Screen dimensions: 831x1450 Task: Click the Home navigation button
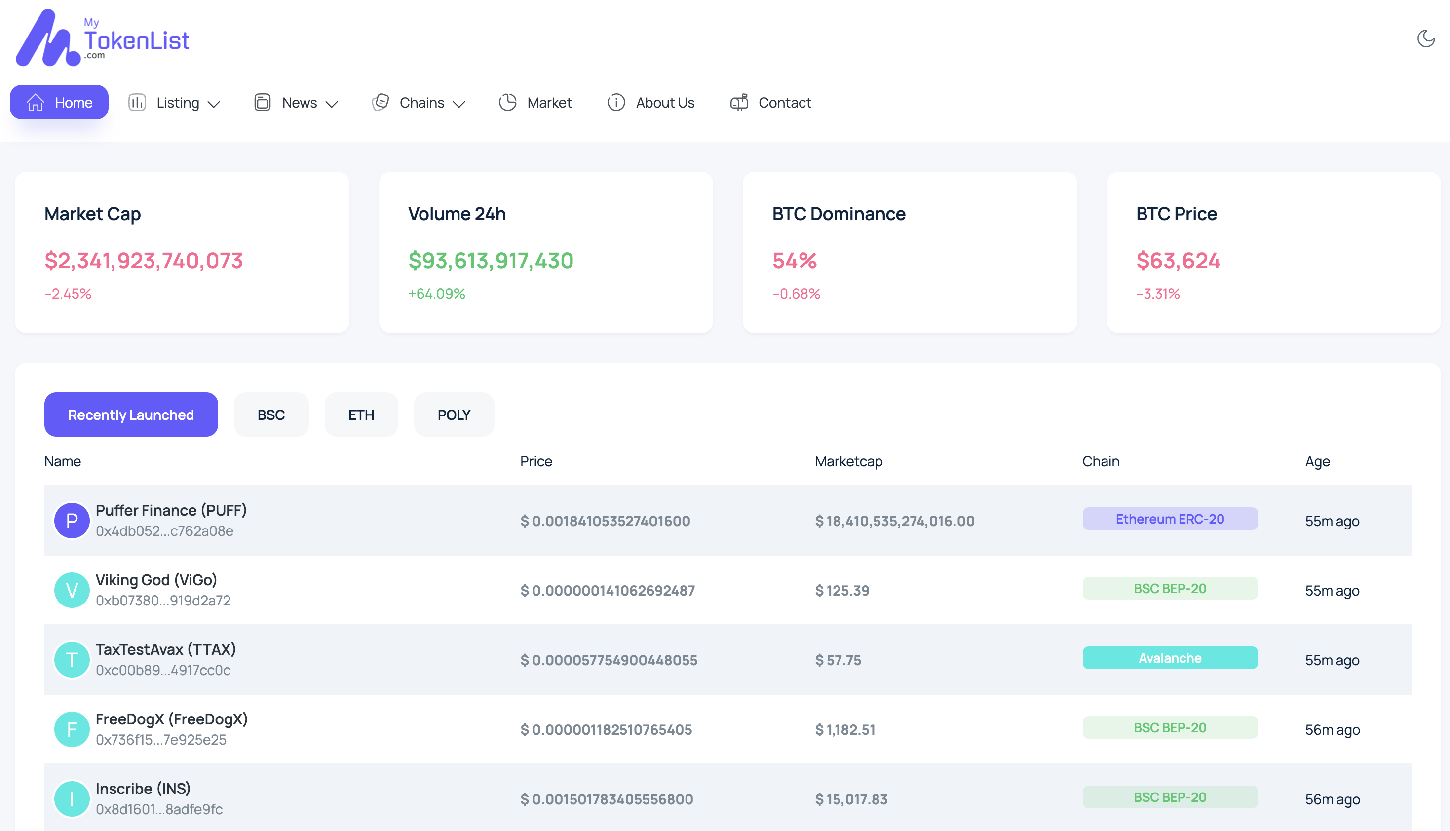point(59,102)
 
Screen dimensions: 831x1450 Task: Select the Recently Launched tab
point(131,415)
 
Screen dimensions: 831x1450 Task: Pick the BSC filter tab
point(271,415)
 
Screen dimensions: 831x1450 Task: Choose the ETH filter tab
point(361,415)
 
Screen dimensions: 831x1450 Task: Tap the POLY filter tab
point(454,415)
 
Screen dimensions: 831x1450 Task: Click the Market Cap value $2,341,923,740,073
point(144,261)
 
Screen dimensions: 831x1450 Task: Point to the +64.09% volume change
point(437,293)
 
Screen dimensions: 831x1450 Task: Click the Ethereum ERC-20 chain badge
point(1170,519)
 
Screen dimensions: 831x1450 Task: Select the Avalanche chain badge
point(1170,658)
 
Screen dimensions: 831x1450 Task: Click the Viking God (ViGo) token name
point(156,580)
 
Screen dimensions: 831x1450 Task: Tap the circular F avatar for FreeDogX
point(72,729)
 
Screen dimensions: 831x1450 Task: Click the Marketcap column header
point(848,461)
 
